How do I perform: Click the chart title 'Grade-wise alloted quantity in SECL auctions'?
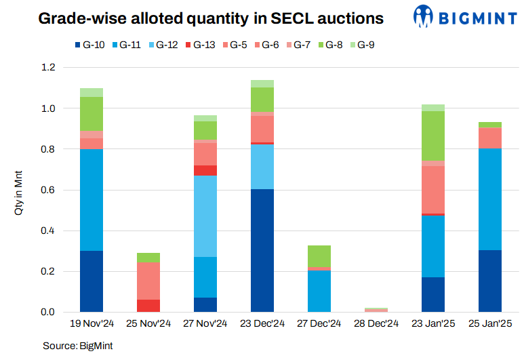211,18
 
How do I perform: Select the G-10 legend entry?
89,45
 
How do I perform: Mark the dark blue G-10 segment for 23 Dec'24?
262,250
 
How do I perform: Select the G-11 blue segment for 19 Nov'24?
92,199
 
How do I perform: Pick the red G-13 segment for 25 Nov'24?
148,306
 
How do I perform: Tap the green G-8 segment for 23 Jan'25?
433,136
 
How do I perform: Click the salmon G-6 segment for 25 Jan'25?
490,138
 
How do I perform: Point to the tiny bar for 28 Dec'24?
376,310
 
